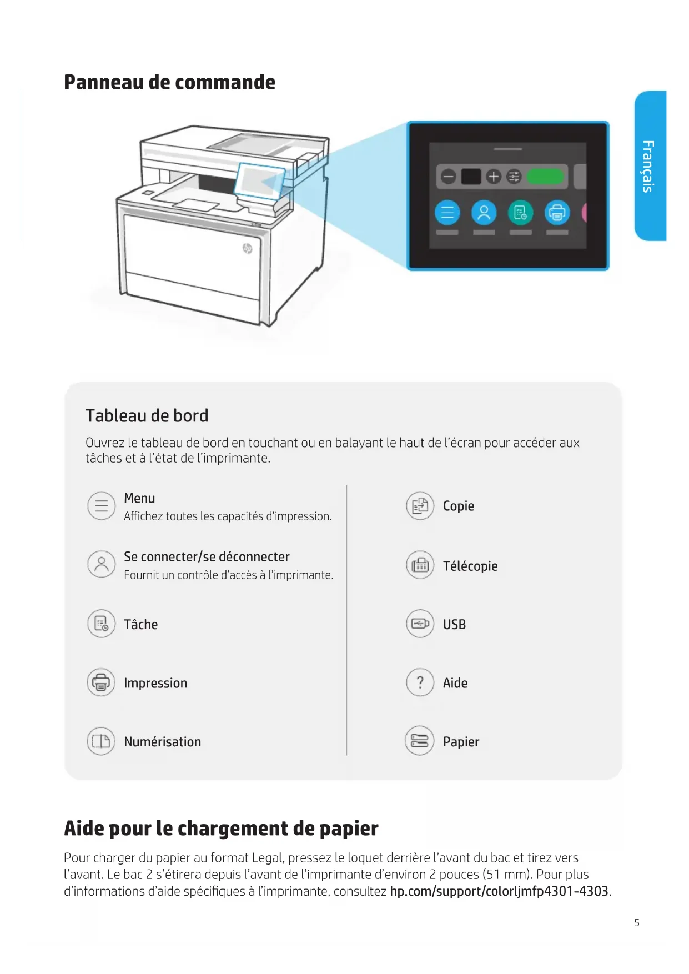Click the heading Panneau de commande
click(x=169, y=82)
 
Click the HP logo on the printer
click(x=247, y=248)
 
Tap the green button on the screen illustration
click(x=545, y=177)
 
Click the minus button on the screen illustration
click(x=448, y=177)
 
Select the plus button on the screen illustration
click(x=494, y=177)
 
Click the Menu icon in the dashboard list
click(x=101, y=506)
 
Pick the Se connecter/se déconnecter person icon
click(x=101, y=564)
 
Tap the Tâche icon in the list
click(x=101, y=624)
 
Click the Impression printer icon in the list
click(x=101, y=682)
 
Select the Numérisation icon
click(x=101, y=741)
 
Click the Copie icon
click(x=420, y=506)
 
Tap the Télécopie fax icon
click(x=420, y=565)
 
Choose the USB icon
click(x=420, y=624)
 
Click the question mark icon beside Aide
click(x=420, y=682)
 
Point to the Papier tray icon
click(x=420, y=741)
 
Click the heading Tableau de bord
click(x=147, y=415)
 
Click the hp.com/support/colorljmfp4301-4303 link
click(x=499, y=891)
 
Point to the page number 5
click(x=637, y=923)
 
